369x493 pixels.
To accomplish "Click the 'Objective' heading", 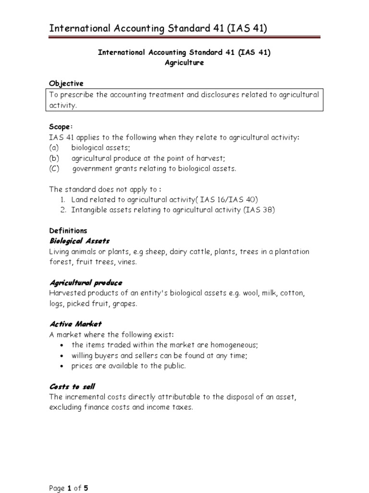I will click(x=66, y=83).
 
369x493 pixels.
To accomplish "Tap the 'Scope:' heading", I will click(x=61, y=127).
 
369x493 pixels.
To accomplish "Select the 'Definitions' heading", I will click(x=68, y=231).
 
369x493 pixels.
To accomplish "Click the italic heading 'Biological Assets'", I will click(x=79, y=241).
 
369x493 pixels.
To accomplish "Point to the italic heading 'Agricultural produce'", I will click(x=86, y=283).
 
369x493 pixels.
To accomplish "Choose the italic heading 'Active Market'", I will click(x=75, y=324).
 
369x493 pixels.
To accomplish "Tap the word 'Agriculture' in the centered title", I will click(x=184, y=63).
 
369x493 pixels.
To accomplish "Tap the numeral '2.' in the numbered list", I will click(x=63, y=209).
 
